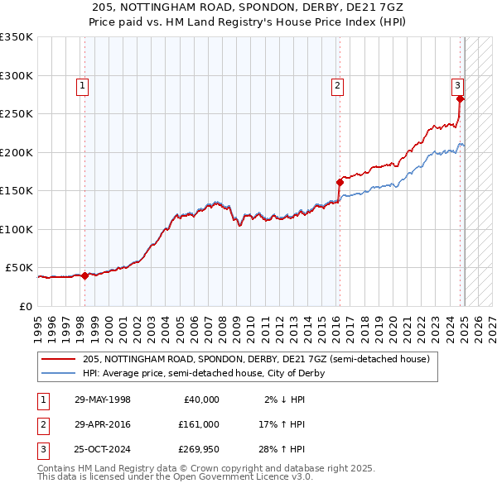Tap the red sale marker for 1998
click(84, 276)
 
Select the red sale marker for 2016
click(339, 183)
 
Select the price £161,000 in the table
click(198, 424)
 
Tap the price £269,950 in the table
click(198, 449)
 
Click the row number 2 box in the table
click(41, 424)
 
